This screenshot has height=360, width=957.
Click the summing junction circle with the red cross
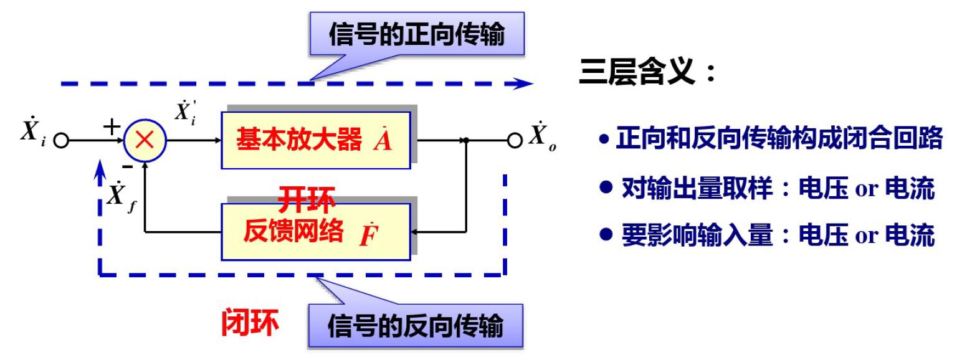pyautogui.click(x=145, y=141)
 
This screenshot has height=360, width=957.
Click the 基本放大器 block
pyautogui.click(x=316, y=140)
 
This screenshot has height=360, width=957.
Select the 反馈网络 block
pyautogui.click(x=316, y=232)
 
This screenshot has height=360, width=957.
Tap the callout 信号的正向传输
pyautogui.click(x=416, y=35)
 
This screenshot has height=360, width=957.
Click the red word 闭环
pyautogui.click(x=250, y=323)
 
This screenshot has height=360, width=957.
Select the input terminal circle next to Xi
pyautogui.click(x=60, y=141)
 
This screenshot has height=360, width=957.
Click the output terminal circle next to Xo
pyautogui.click(x=514, y=141)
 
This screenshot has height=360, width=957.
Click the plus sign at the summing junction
pyautogui.click(x=112, y=127)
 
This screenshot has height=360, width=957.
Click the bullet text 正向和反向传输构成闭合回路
pyautogui.click(x=773, y=139)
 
